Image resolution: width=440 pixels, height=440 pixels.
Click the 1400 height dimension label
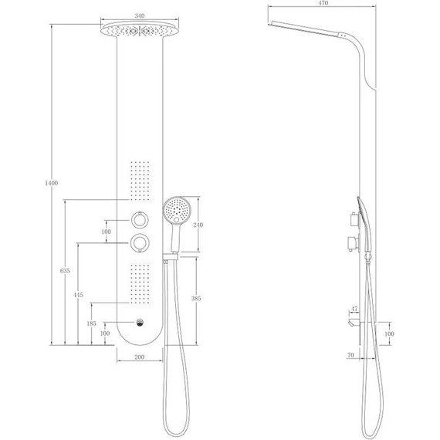52,183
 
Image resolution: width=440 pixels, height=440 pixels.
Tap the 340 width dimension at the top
140,15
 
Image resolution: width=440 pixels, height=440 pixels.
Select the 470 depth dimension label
323,3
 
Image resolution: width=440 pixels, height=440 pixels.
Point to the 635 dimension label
65,271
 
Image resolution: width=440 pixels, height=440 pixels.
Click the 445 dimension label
78,295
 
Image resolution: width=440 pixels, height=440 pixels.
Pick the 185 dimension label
92,323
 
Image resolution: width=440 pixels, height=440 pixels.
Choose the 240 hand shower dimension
198,225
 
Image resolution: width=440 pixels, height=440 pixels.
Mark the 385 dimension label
196,298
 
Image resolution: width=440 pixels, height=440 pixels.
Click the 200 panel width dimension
140,357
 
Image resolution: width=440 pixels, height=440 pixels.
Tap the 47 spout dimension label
354,309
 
